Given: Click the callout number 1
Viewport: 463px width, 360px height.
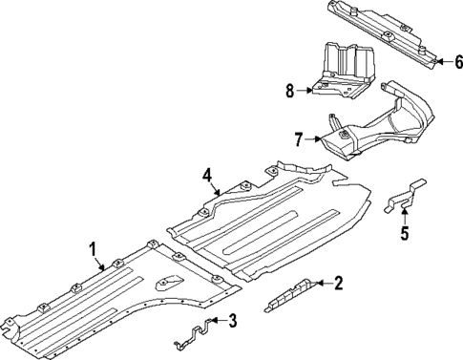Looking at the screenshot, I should [x=93, y=249].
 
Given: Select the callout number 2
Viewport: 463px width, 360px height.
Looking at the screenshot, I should [x=339, y=282].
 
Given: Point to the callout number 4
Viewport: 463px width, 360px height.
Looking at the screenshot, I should [x=205, y=174].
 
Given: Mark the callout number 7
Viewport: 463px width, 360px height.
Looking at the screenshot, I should [x=299, y=140].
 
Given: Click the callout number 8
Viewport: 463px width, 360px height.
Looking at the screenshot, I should [x=290, y=92].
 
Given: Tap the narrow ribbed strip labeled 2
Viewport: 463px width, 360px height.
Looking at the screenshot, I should [x=290, y=293].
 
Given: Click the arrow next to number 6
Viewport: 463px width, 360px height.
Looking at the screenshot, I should [x=441, y=62].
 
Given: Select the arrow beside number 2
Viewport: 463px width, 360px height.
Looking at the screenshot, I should [x=322, y=283].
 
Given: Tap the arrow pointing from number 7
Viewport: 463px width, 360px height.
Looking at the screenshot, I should [x=315, y=140].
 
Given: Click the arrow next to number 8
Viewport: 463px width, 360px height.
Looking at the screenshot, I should [x=306, y=92].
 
